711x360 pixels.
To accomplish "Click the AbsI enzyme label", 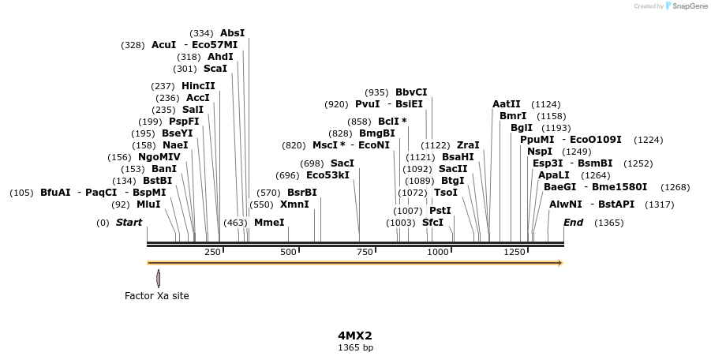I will tap(232, 33).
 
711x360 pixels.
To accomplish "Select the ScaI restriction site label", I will tap(215, 69).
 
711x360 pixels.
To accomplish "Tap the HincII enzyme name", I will tap(198, 86).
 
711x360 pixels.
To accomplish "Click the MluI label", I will tap(148, 204).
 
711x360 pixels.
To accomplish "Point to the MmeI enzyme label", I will tap(269, 223).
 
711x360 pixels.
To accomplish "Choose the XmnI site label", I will tap(294, 204).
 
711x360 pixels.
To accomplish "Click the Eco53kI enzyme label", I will tap(327, 175).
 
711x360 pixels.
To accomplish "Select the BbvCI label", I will tap(411, 92).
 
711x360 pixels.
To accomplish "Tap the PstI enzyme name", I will tap(440, 211).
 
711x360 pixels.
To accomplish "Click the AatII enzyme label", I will tap(507, 104).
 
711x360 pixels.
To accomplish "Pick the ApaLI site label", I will tap(553, 175).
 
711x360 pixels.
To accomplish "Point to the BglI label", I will tap(522, 128).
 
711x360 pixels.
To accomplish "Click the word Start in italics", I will tap(129, 223).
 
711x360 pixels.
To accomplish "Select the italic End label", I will tap(573, 223).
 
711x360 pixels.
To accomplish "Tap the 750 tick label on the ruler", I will tap(365, 252).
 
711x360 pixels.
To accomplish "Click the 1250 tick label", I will tap(515, 252).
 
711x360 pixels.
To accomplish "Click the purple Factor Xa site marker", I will tap(158, 278).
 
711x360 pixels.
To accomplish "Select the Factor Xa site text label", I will tap(157, 296).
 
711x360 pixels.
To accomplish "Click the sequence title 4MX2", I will tap(355, 336).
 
